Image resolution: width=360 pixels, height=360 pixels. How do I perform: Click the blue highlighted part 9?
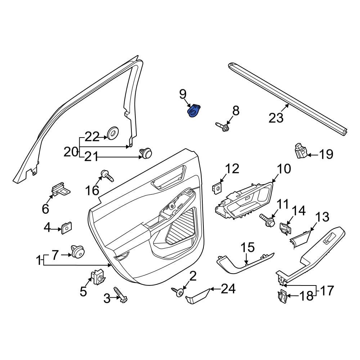tap(194, 111)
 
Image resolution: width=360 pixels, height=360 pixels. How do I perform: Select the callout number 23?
tap(276, 117)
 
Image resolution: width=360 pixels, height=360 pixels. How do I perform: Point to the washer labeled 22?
tap(113, 134)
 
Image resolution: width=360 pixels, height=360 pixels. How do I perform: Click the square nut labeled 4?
tap(66, 228)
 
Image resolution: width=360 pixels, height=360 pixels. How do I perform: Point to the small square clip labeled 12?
tap(217, 188)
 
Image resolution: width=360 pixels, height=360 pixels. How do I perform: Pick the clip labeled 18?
tap(283, 296)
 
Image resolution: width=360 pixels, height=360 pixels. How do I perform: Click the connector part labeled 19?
tap(300, 151)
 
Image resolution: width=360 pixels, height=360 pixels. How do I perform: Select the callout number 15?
tap(248, 248)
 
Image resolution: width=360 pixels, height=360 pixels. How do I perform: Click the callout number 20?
tap(71, 152)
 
